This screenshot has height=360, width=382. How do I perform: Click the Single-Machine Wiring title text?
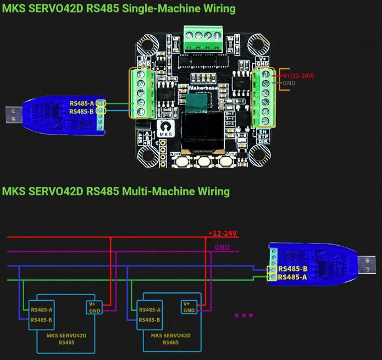(119, 9)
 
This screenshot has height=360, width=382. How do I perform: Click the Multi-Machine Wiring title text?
(115, 191)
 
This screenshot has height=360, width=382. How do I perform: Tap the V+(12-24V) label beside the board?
(298, 75)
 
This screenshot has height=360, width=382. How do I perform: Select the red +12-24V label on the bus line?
(223, 234)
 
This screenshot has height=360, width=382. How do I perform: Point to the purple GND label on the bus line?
(222, 247)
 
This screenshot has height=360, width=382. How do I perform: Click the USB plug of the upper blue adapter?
(12, 114)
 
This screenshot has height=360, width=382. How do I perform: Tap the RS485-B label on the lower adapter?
(292, 269)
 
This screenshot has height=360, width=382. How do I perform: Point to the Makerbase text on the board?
(203, 87)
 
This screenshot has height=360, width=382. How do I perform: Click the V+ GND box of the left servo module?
(95, 307)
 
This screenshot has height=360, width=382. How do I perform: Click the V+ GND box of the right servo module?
(189, 307)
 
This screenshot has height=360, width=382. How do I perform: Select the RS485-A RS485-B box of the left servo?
(42, 314)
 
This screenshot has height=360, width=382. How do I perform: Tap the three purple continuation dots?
(243, 315)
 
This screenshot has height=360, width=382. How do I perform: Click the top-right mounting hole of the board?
(256, 43)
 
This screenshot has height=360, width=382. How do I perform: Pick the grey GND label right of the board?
(289, 83)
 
